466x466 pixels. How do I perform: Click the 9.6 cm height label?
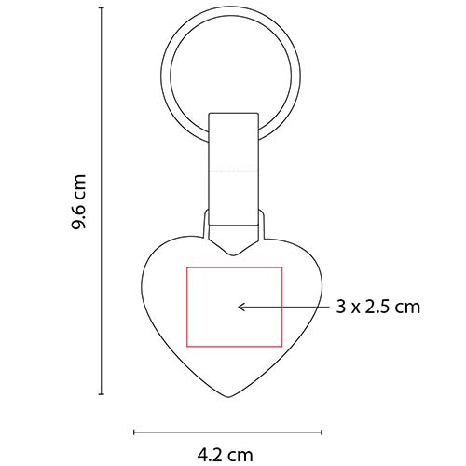(81, 202)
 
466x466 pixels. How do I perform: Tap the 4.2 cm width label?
(226, 455)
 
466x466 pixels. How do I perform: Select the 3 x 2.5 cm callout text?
(377, 306)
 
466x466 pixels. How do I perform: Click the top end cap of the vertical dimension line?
(101, 11)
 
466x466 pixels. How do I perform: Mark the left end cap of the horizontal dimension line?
(136, 432)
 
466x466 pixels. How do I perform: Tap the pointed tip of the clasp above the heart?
(234, 253)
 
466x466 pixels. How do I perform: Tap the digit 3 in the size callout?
(340, 306)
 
